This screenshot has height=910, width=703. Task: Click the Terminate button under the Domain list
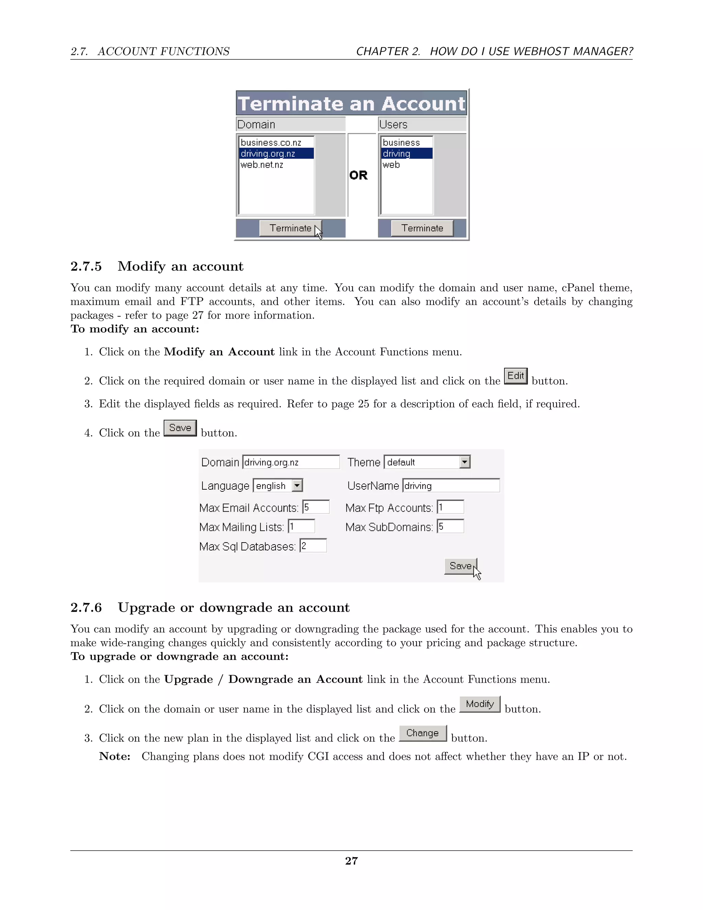[x=290, y=228]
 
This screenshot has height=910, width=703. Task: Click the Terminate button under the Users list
[x=422, y=228]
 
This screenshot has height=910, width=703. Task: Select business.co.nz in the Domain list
[x=271, y=143]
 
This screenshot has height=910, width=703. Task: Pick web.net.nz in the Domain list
[x=262, y=164]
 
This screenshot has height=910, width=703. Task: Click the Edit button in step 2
[x=516, y=376]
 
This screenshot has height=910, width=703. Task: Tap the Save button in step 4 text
[x=180, y=428]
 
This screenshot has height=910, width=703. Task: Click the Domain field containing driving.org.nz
[x=291, y=462]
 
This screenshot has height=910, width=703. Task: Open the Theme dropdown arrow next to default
[x=465, y=462]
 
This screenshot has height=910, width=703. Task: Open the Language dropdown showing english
[x=297, y=486]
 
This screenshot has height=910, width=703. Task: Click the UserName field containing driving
[x=451, y=486]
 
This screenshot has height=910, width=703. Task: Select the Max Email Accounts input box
[x=316, y=507]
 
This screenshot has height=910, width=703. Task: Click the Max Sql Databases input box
[x=313, y=546]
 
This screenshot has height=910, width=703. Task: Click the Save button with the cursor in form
[x=460, y=566]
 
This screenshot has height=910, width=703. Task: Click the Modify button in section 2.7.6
[x=480, y=704]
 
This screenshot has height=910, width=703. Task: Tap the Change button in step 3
[x=422, y=733]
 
